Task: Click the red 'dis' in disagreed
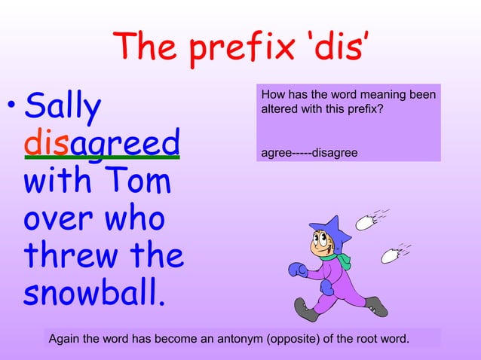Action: click(47, 142)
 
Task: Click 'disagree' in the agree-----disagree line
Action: click(335, 154)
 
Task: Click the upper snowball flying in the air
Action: click(366, 221)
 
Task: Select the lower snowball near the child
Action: click(391, 255)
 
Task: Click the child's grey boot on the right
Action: click(376, 306)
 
